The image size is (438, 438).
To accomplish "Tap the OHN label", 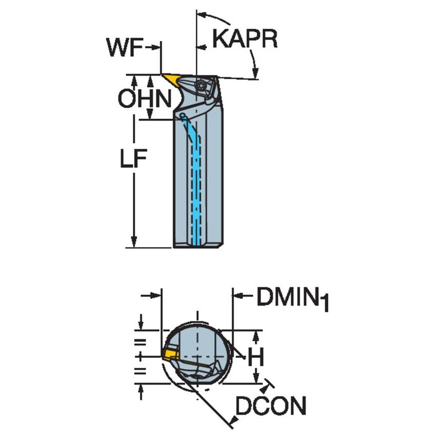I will (144, 99).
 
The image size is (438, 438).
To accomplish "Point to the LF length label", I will (133, 160).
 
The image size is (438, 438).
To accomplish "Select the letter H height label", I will (255, 357).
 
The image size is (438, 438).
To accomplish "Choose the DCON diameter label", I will (270, 407).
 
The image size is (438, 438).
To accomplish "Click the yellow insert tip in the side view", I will (172, 79).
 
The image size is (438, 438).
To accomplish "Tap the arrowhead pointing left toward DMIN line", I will (237, 296).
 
